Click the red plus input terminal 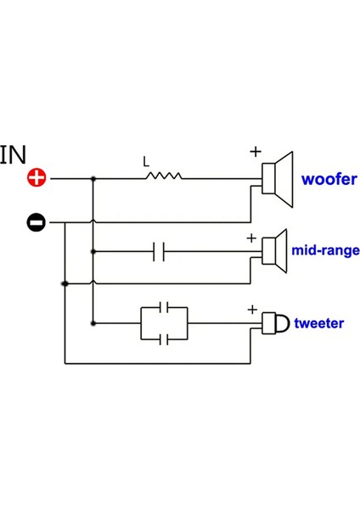(x=37, y=178)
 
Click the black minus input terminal (x=37, y=222)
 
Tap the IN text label (x=14, y=154)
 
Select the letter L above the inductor (x=146, y=160)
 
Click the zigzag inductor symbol (x=162, y=178)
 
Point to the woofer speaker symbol (x=277, y=179)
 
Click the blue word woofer (x=329, y=179)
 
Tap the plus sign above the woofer (x=255, y=152)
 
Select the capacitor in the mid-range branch (x=159, y=251)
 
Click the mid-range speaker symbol (x=274, y=252)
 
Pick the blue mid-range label (x=325, y=251)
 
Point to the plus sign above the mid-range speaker (x=250, y=238)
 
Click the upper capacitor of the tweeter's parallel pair (x=166, y=307)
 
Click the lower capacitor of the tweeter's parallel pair (x=166, y=338)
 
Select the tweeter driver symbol (x=274, y=323)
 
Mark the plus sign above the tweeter (x=251, y=310)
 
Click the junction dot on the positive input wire (x=93, y=179)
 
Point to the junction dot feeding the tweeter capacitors (x=93, y=323)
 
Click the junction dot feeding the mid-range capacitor (x=93, y=251)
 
